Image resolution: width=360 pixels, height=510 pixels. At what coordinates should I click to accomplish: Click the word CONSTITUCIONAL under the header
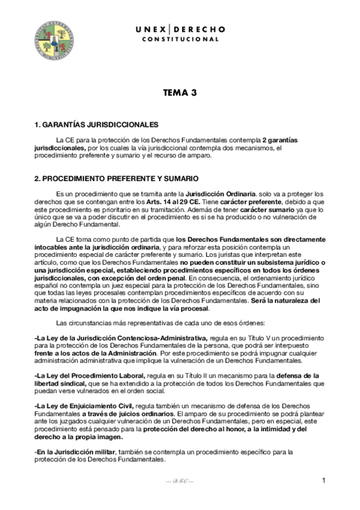(x=180, y=40)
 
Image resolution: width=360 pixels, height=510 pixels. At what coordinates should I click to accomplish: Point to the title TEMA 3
(x=180, y=93)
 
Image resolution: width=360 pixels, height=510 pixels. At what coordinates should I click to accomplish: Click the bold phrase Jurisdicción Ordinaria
(x=221, y=194)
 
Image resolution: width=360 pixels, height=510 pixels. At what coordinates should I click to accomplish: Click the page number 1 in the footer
(x=323, y=480)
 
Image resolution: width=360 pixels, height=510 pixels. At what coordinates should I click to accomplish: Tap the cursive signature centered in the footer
(x=180, y=482)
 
